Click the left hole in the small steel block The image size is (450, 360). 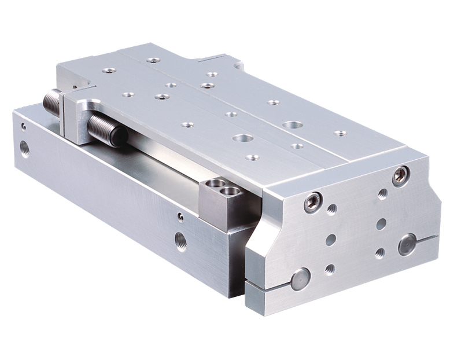point(216,185)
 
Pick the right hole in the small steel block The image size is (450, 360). point(231,190)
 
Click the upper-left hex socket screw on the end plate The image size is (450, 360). point(313,201)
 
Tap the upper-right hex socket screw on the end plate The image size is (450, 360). point(400,175)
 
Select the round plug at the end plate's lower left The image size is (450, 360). point(300,279)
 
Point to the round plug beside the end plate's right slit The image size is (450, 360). point(407,244)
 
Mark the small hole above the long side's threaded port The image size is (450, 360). point(180,217)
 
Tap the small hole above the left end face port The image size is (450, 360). point(24,126)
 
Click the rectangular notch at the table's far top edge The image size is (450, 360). point(217,58)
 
